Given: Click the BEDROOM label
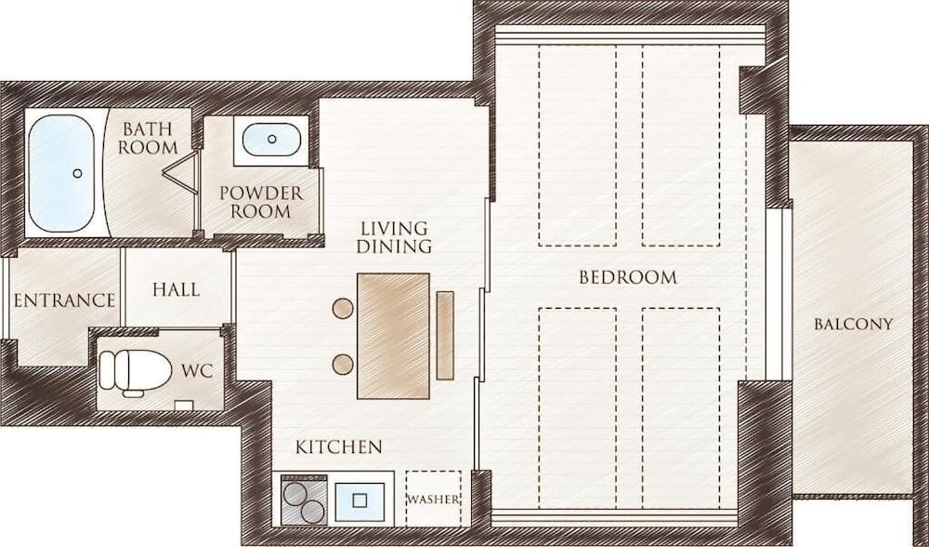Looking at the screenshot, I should pyautogui.click(x=628, y=277).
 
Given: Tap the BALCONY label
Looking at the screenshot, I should pyautogui.click(x=853, y=325).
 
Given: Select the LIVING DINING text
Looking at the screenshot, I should pyautogui.click(x=396, y=237).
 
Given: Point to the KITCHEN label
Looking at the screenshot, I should pyautogui.click(x=338, y=447).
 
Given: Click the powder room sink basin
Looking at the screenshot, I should pyautogui.click(x=271, y=140).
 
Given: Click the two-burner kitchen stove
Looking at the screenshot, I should pyautogui.click(x=303, y=501).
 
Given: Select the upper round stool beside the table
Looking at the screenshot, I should pyautogui.click(x=343, y=307).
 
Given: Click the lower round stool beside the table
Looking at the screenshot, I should pyautogui.click(x=343, y=364).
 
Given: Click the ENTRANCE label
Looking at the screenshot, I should pyautogui.click(x=64, y=301).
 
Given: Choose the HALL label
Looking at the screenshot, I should pyautogui.click(x=176, y=289).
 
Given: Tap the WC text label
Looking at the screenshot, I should pyautogui.click(x=197, y=371).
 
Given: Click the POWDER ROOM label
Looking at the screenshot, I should pyautogui.click(x=261, y=202).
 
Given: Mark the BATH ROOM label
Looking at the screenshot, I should pyautogui.click(x=149, y=138).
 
